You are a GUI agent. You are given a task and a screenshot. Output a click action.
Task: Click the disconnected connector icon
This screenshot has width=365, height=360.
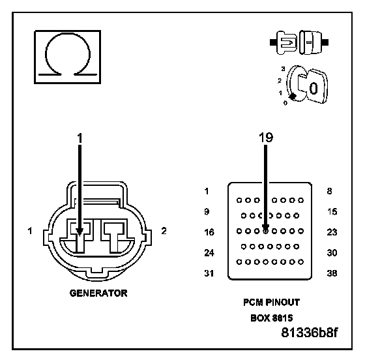coord(299,42)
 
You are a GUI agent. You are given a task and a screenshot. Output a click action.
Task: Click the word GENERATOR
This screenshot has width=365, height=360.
coord(98,293)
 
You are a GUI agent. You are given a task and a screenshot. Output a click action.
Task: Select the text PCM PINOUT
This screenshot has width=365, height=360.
coord(271,303)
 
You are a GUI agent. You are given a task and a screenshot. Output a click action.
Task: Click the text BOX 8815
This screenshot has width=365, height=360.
coord(271,318)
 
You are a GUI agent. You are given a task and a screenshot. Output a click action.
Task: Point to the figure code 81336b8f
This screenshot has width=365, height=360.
coord(310,333)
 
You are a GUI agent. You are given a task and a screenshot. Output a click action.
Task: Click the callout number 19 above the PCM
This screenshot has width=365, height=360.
coord(266,138)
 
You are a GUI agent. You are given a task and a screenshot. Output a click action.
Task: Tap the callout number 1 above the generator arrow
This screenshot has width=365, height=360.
coord(80,138)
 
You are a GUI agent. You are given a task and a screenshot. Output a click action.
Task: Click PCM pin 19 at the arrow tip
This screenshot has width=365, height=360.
coord(265,231)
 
